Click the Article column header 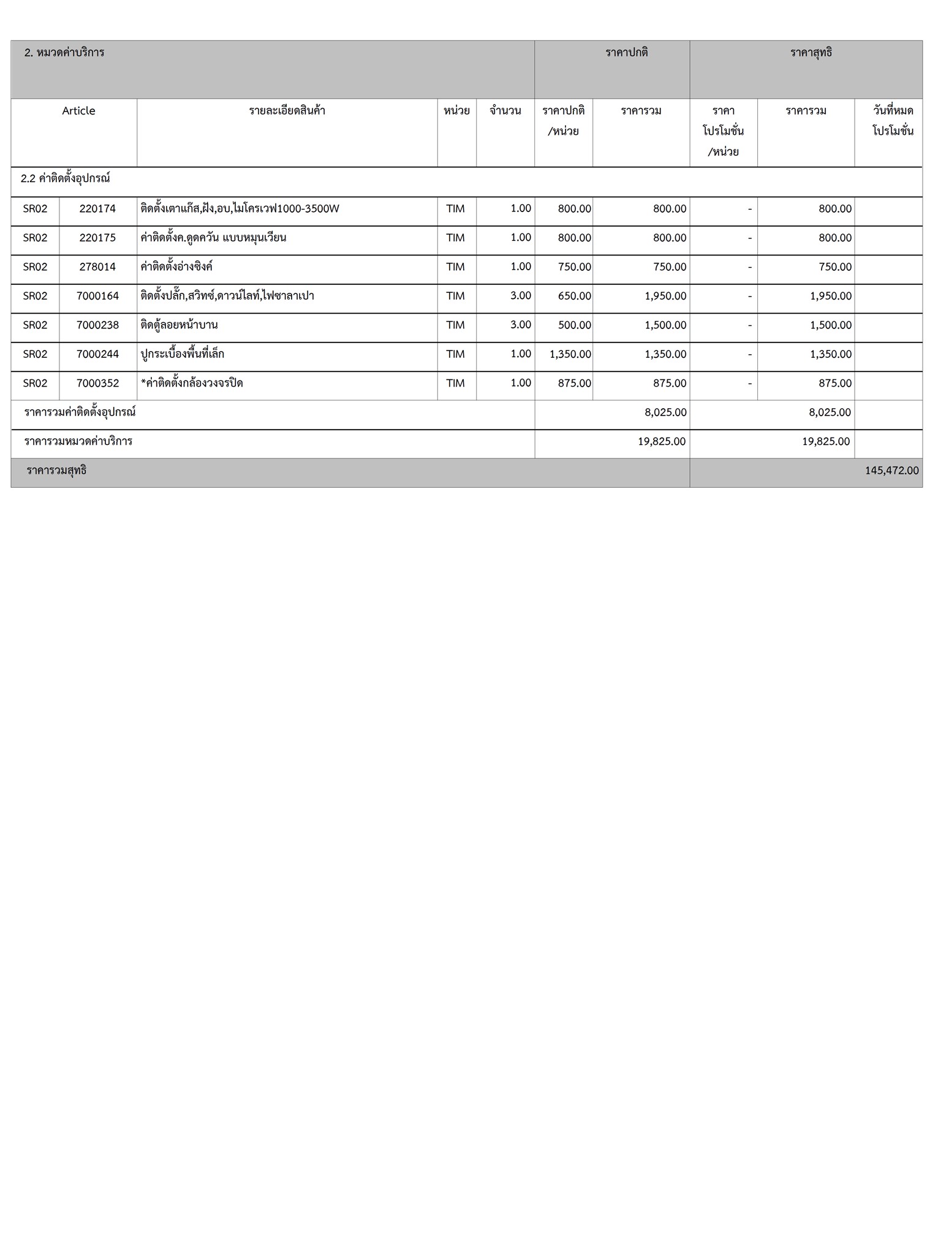[78, 111]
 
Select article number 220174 [97, 209]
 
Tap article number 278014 [97, 267]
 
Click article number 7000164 [97, 296]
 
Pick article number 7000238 [97, 325]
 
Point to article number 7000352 [97, 384]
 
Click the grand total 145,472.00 [891, 471]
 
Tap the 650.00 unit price [574, 296]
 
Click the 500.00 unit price [574, 325]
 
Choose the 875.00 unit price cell [574, 384]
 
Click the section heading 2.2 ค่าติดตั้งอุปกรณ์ [65, 179]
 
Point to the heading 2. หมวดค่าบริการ [64, 53]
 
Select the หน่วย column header [456, 111]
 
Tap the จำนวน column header [505, 111]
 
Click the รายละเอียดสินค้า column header [287, 111]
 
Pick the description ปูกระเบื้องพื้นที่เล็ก [182, 354]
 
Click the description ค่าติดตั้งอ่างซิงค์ [176, 267]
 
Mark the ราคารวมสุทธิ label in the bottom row [56, 471]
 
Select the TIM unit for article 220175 [455, 238]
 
